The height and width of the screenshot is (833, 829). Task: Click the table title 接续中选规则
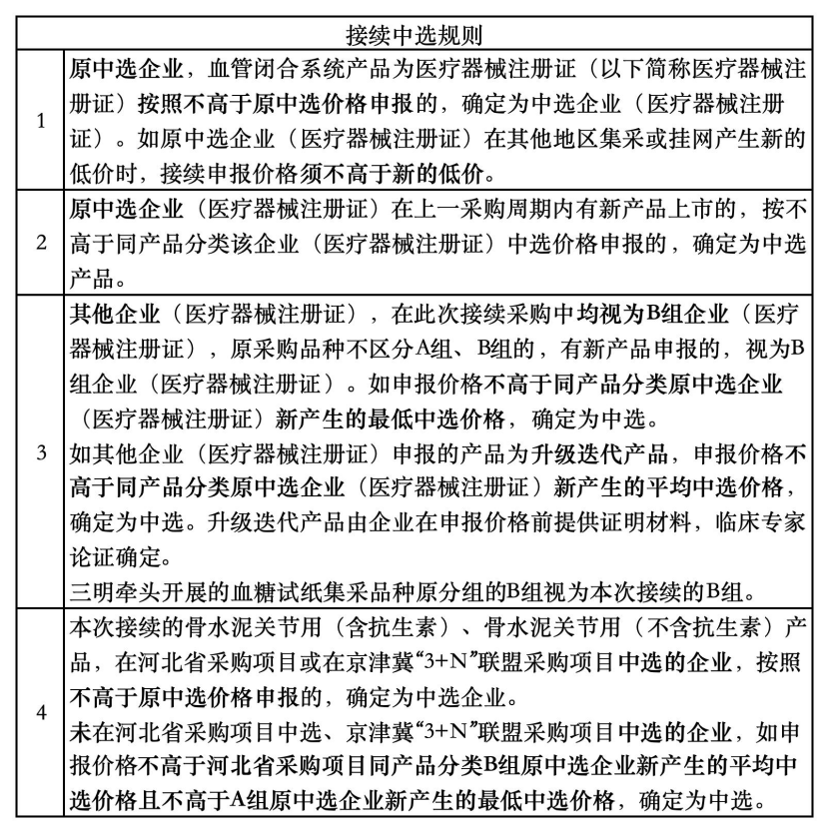point(414,35)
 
